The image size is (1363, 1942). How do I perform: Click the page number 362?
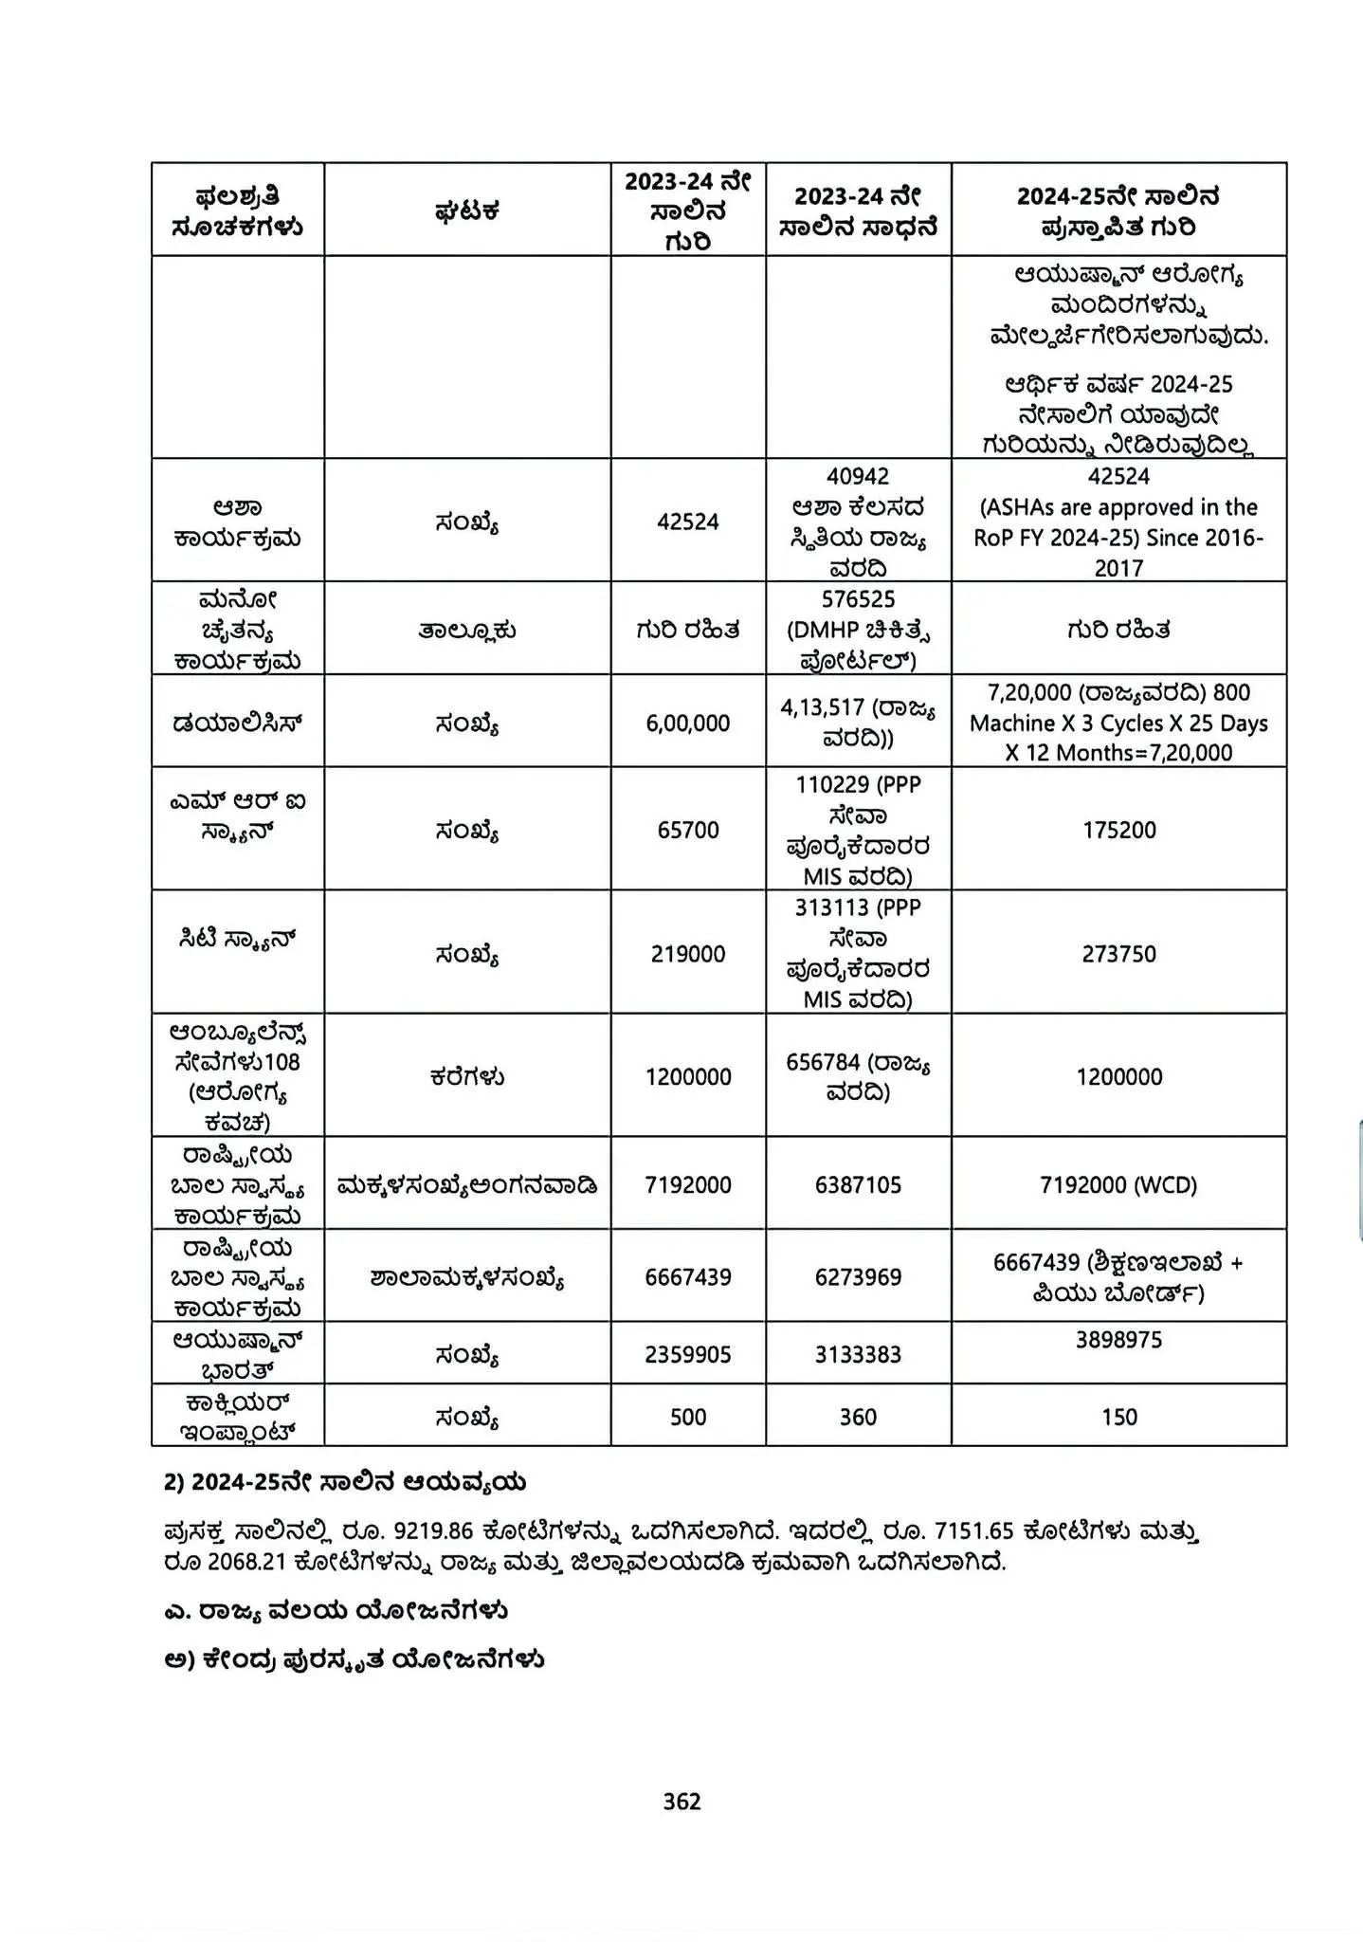pos(681,1801)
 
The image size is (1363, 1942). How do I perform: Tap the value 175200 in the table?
pos(1118,830)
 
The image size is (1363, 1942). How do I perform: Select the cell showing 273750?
pos(1118,953)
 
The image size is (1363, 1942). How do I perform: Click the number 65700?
pos(688,830)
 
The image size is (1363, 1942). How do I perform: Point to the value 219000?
pos(688,953)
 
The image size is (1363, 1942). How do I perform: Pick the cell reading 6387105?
pos(858,1184)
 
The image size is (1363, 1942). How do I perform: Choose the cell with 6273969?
pos(858,1276)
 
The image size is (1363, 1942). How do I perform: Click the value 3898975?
pos(1118,1340)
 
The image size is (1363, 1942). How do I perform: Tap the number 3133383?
pos(858,1354)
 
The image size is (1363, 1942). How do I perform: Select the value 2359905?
pos(688,1354)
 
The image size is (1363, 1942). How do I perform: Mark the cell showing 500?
pos(688,1417)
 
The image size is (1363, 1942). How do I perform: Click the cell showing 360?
pos(858,1417)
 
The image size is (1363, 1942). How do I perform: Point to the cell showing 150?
pos(1118,1417)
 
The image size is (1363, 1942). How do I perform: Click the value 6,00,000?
pos(688,723)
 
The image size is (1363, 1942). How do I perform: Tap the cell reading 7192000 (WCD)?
pos(1118,1184)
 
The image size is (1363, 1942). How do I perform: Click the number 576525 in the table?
pos(858,599)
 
